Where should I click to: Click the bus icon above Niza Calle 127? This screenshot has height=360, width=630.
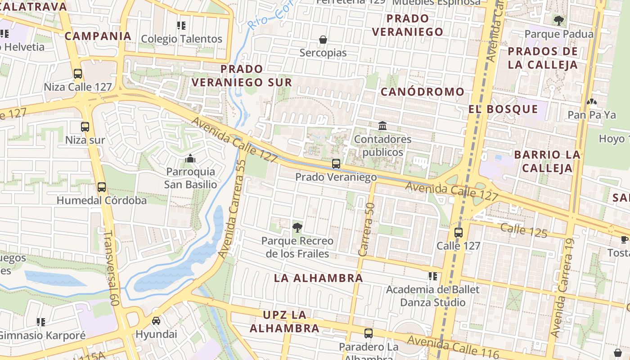(78, 74)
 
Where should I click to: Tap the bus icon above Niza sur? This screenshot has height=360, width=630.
(85, 127)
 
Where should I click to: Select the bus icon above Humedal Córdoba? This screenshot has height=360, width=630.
(102, 187)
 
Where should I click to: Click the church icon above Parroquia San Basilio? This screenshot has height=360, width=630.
(190, 158)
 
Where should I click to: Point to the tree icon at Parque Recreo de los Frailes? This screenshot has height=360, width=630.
(297, 227)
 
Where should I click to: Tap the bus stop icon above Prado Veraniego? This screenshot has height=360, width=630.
(336, 164)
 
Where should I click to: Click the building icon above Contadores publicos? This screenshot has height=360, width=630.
(382, 126)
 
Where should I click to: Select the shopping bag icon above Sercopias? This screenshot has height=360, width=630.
(323, 40)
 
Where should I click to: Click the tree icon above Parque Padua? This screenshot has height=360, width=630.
(558, 20)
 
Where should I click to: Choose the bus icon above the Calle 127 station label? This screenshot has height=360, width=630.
(459, 233)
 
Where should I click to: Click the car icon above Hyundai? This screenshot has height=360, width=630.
(156, 321)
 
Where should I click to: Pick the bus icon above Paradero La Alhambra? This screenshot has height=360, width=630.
(369, 333)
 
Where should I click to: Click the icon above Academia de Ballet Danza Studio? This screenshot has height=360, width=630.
(433, 276)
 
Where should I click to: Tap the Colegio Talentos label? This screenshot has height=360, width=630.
(182, 39)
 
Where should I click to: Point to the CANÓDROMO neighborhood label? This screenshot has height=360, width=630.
(416, 92)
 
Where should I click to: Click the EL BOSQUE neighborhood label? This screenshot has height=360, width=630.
(503, 109)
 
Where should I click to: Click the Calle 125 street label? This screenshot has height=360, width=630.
(524, 230)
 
